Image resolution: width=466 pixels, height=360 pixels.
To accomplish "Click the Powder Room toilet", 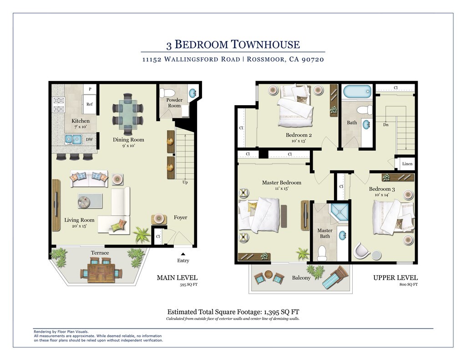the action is click(x=165, y=92).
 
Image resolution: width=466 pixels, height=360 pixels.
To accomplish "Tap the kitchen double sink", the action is click(x=73, y=139).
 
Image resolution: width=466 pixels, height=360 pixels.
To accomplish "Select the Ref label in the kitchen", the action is click(x=90, y=104).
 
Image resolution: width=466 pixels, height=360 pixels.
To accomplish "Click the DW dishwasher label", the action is click(x=90, y=139).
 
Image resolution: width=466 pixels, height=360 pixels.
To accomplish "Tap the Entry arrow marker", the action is click(x=183, y=254).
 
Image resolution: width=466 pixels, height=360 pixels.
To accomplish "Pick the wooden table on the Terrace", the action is click(x=101, y=273).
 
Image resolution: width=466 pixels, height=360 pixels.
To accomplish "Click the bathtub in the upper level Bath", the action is click(x=357, y=92).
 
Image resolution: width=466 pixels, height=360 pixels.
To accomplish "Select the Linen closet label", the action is click(x=407, y=164).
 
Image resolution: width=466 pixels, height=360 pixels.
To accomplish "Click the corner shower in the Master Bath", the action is click(x=339, y=212).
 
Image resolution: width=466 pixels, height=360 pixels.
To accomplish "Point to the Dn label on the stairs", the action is click(x=386, y=125).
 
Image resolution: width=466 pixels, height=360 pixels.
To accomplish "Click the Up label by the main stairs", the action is click(x=185, y=182).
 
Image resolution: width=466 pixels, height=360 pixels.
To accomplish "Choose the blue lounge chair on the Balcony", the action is click(x=336, y=277).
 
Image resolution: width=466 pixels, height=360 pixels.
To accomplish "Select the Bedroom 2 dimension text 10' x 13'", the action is click(x=299, y=141).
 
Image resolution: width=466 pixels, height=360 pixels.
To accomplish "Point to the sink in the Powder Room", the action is click(x=192, y=92).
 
